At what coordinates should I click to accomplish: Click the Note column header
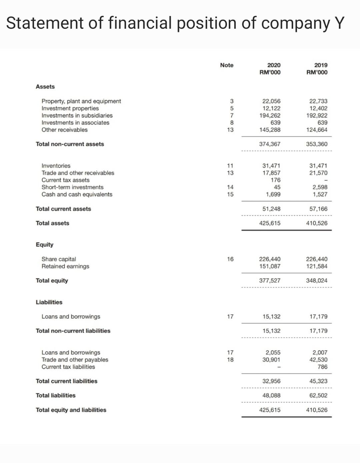(x=227, y=65)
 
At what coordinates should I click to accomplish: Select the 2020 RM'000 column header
(x=270, y=68)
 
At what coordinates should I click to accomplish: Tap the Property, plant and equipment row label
(x=81, y=101)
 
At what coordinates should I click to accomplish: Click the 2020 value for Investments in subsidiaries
(x=270, y=115)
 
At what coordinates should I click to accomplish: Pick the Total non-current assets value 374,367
(x=270, y=144)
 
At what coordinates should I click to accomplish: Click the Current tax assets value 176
(x=275, y=180)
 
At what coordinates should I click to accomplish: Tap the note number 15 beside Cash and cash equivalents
(x=230, y=194)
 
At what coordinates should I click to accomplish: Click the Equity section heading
(x=44, y=245)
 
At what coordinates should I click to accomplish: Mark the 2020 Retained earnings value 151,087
(x=270, y=266)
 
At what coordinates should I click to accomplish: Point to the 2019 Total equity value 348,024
(x=316, y=281)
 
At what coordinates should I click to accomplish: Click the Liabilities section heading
(x=49, y=302)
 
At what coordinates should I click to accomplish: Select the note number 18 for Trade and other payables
(x=230, y=360)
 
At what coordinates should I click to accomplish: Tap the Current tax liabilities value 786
(x=322, y=367)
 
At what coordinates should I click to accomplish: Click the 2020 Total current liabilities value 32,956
(x=271, y=381)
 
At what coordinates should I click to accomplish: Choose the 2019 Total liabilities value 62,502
(x=318, y=396)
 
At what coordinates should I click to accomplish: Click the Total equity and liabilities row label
(x=71, y=410)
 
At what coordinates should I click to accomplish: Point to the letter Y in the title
(x=338, y=23)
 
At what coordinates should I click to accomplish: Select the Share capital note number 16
(x=230, y=259)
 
